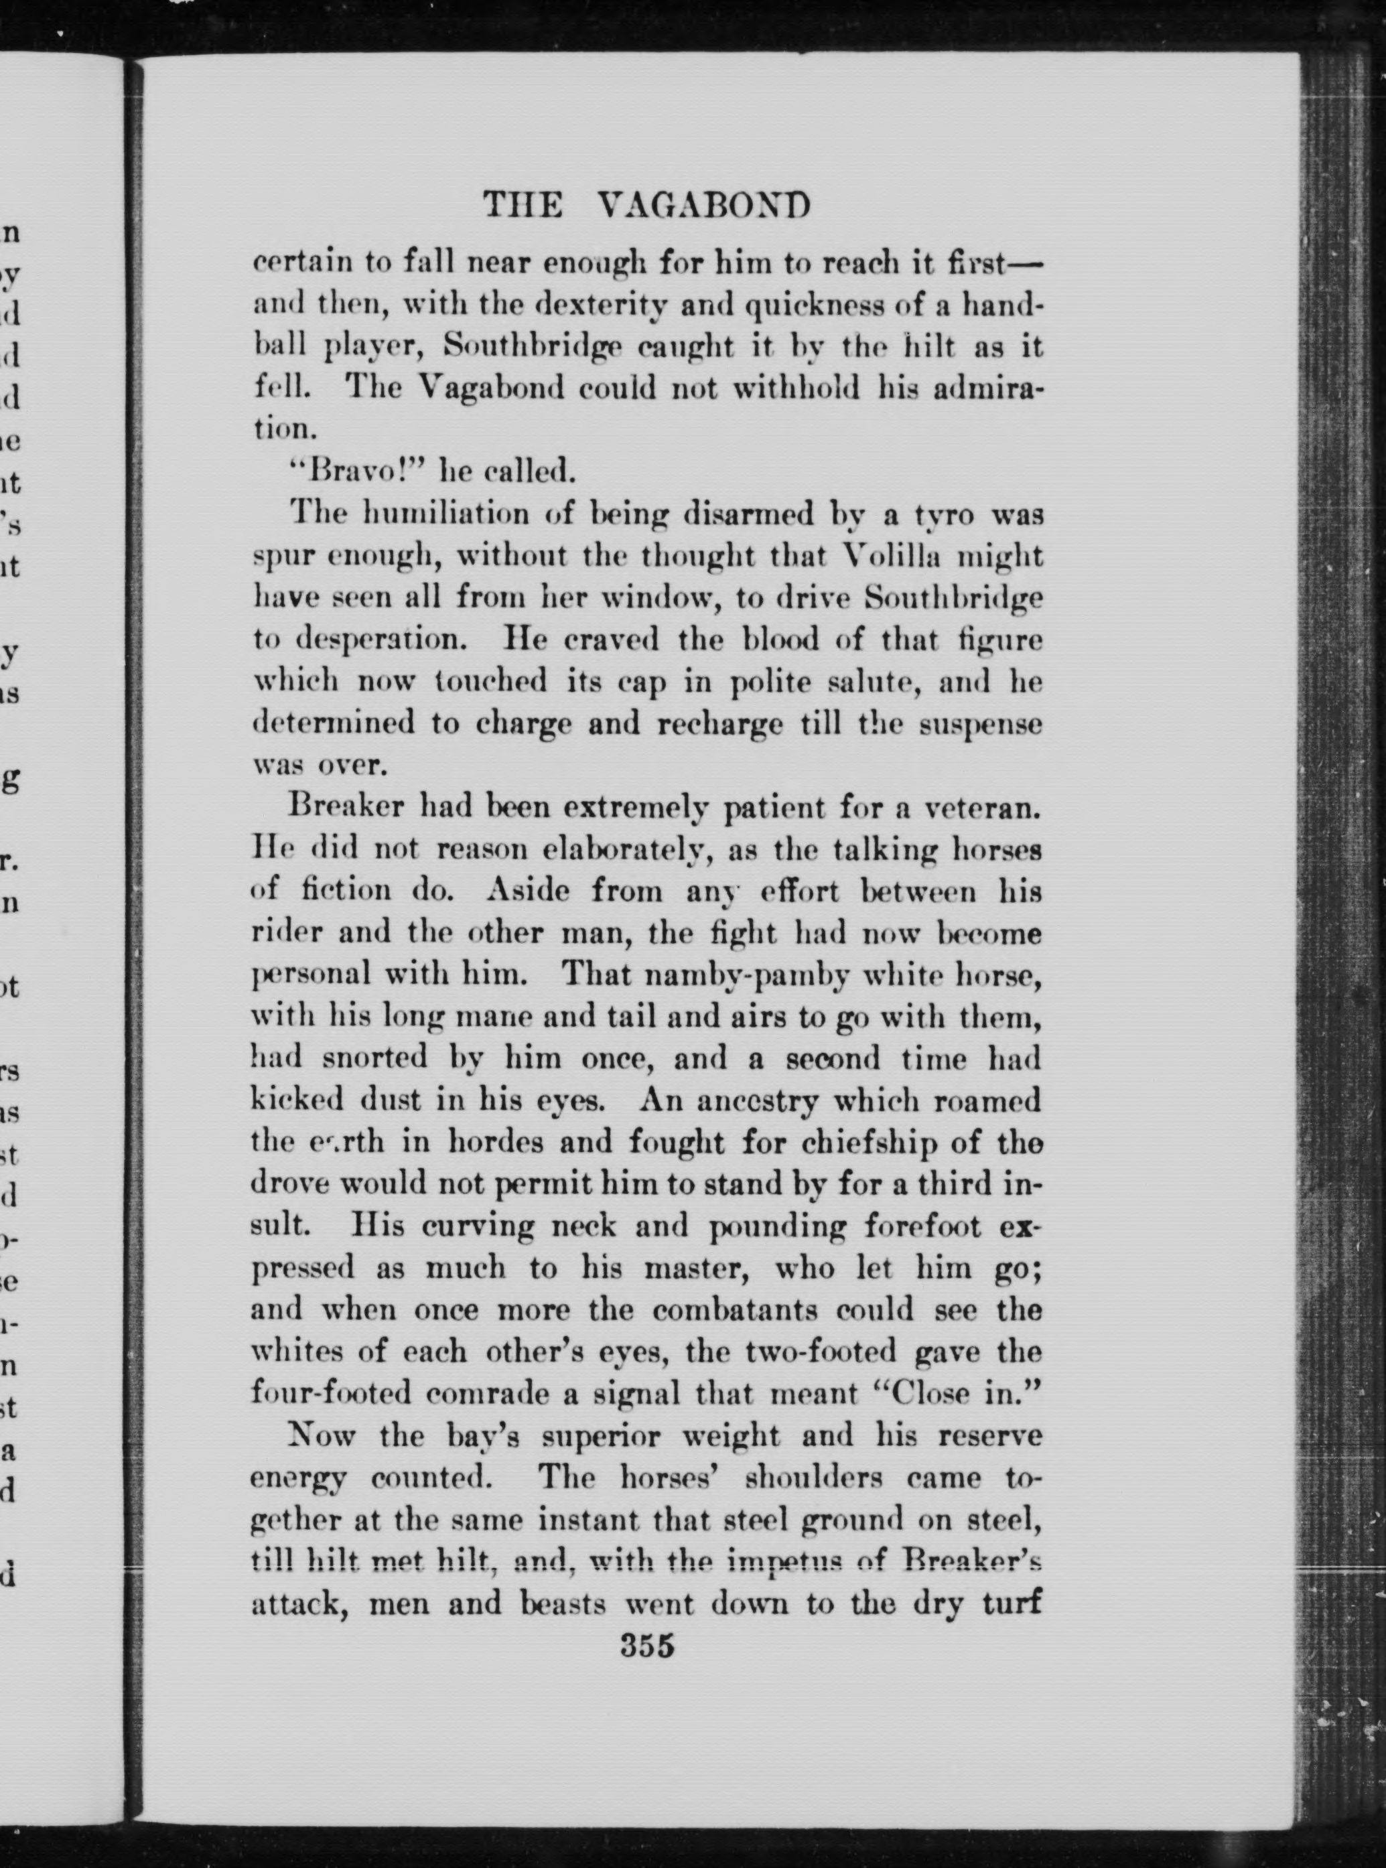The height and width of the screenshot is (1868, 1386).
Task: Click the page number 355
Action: (647, 1646)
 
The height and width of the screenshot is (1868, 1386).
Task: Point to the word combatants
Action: (756, 1309)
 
